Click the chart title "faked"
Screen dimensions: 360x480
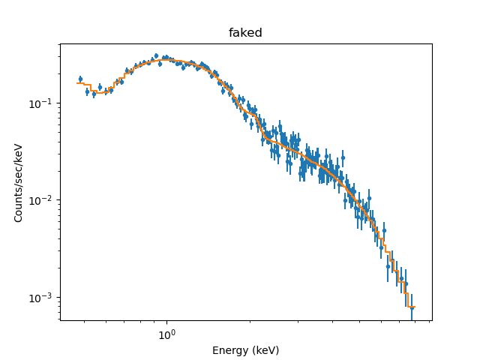[x=245, y=33]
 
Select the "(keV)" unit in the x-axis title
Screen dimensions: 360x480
[x=265, y=350]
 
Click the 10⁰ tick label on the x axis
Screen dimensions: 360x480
[x=166, y=335]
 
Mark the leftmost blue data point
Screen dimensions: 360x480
[x=80, y=79]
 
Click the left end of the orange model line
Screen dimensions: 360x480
[x=77, y=83]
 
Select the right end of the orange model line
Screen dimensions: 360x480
[x=414, y=307]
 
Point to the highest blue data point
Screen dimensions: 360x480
[x=156, y=56]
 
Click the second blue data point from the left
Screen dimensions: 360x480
[x=87, y=91]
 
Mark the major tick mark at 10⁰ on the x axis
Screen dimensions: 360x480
[x=166, y=321]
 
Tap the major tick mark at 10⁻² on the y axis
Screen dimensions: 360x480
[x=60, y=200]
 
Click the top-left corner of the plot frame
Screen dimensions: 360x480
[x=60, y=43]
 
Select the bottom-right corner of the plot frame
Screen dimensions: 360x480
[x=432, y=320]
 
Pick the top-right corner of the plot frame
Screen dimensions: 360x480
[x=432, y=43]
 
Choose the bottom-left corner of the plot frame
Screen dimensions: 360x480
[x=60, y=320]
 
